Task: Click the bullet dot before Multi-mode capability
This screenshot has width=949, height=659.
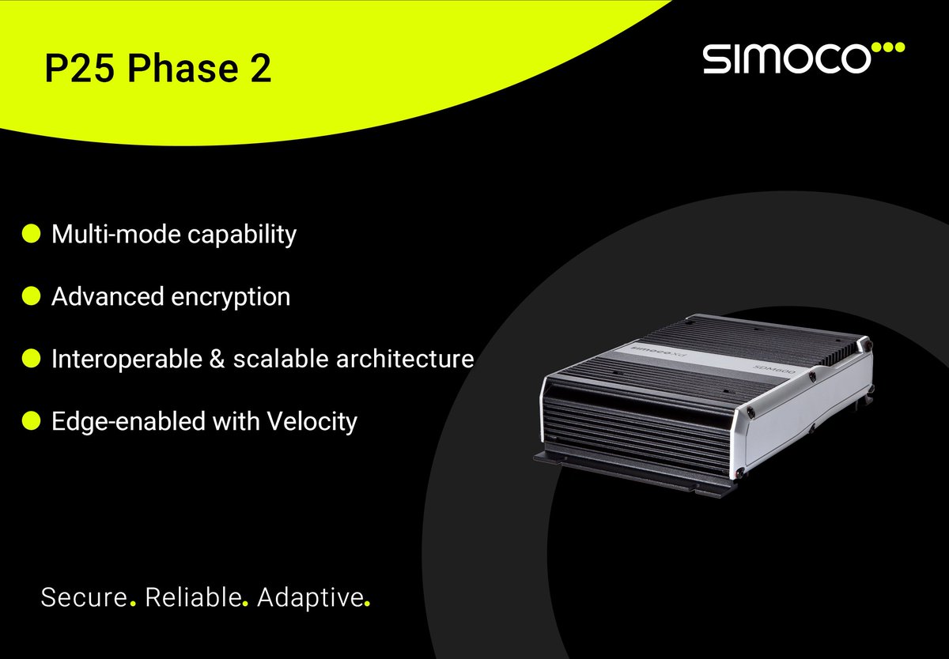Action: [x=31, y=234]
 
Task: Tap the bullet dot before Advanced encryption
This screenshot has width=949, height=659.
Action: [x=31, y=296]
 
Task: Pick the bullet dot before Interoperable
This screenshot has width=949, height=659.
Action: [x=31, y=359]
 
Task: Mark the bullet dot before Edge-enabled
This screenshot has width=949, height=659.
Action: [x=31, y=421]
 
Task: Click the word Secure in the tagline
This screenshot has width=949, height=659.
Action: [x=84, y=597]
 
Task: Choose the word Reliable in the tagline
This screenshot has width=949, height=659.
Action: [x=193, y=597]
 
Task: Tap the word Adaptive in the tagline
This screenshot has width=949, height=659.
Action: [x=310, y=597]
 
